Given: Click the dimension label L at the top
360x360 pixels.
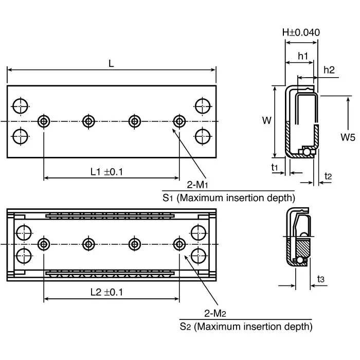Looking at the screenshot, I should click(111, 64).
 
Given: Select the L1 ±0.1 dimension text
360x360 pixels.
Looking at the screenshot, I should click(107, 172).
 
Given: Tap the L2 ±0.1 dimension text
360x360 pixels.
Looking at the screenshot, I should click(107, 292).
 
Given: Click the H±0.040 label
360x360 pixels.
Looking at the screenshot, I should click(301, 32).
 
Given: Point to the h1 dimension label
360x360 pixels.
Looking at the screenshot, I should click(302, 56).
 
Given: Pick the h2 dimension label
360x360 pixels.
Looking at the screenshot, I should click(329, 70).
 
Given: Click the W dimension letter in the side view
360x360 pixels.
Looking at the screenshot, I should click(266, 121).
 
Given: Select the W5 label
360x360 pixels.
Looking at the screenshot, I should click(349, 137).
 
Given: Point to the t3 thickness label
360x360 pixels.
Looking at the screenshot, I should click(321, 279).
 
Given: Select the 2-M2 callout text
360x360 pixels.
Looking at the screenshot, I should click(216, 313).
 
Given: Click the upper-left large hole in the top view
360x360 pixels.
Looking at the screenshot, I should click(21, 105).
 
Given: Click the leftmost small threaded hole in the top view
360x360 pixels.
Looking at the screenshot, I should click(44, 121).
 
